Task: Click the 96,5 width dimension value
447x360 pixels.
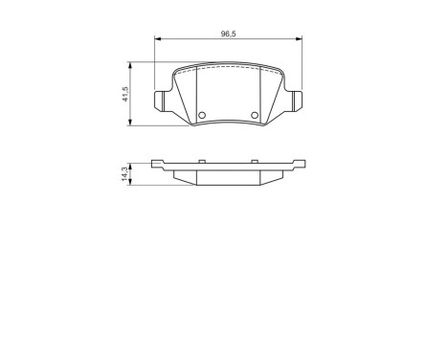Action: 228,34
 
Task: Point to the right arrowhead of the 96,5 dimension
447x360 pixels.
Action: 299,39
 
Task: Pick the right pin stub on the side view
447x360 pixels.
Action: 257,161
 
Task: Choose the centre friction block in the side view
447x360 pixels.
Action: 228,176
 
